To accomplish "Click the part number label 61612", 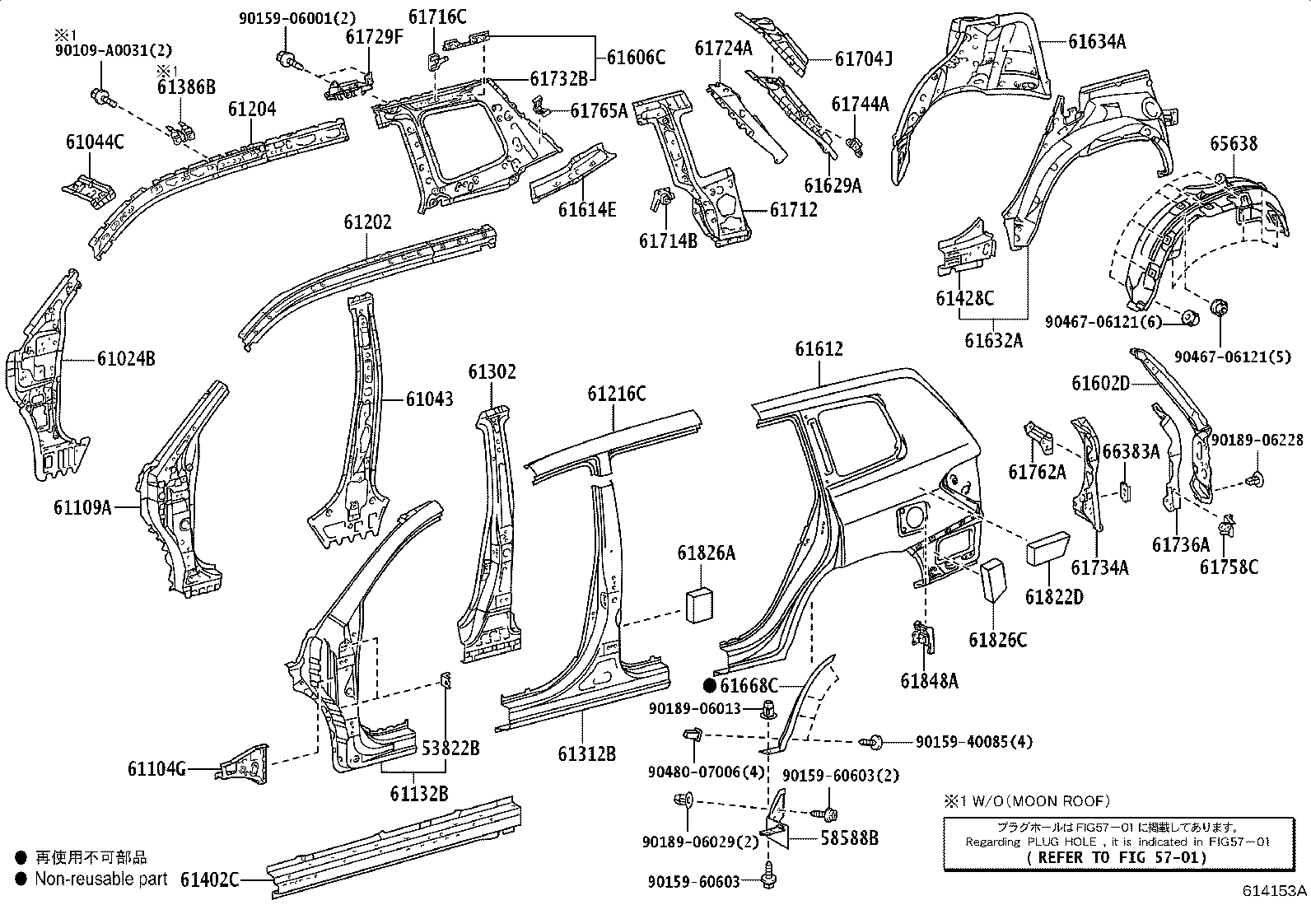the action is pyautogui.click(x=819, y=349).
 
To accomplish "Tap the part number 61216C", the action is pyautogui.click(x=616, y=394).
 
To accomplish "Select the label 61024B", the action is pyautogui.click(x=126, y=358).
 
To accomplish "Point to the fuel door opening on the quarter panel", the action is pyautogui.click(x=912, y=518).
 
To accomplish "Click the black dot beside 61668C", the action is pyautogui.click(x=710, y=685).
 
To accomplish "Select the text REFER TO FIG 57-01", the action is pyautogui.click(x=1117, y=857).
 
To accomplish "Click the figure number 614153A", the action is pyautogui.click(x=1274, y=891).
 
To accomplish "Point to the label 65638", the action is pyautogui.click(x=1234, y=143).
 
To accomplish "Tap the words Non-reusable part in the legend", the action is pyautogui.click(x=101, y=879).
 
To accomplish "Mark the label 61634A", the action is pyautogui.click(x=1097, y=41).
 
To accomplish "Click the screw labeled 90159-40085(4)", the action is pyautogui.click(x=871, y=742).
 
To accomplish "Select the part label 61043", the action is pyautogui.click(x=429, y=399).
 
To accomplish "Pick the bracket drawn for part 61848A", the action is pyautogui.click(x=924, y=637).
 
